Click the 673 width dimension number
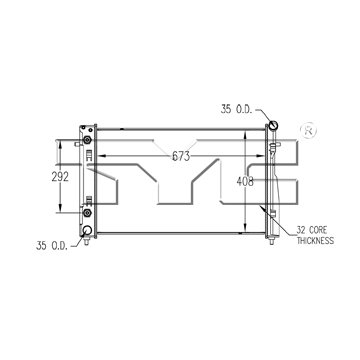(x=181, y=156)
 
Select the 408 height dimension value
(x=245, y=181)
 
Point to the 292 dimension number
(x=60, y=177)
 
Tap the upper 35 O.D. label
(x=236, y=109)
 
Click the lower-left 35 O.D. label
(x=52, y=246)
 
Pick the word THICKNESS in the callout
(x=315, y=240)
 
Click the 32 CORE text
(x=312, y=230)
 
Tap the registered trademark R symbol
(x=308, y=131)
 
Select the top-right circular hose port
(x=274, y=125)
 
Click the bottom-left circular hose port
(x=87, y=230)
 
